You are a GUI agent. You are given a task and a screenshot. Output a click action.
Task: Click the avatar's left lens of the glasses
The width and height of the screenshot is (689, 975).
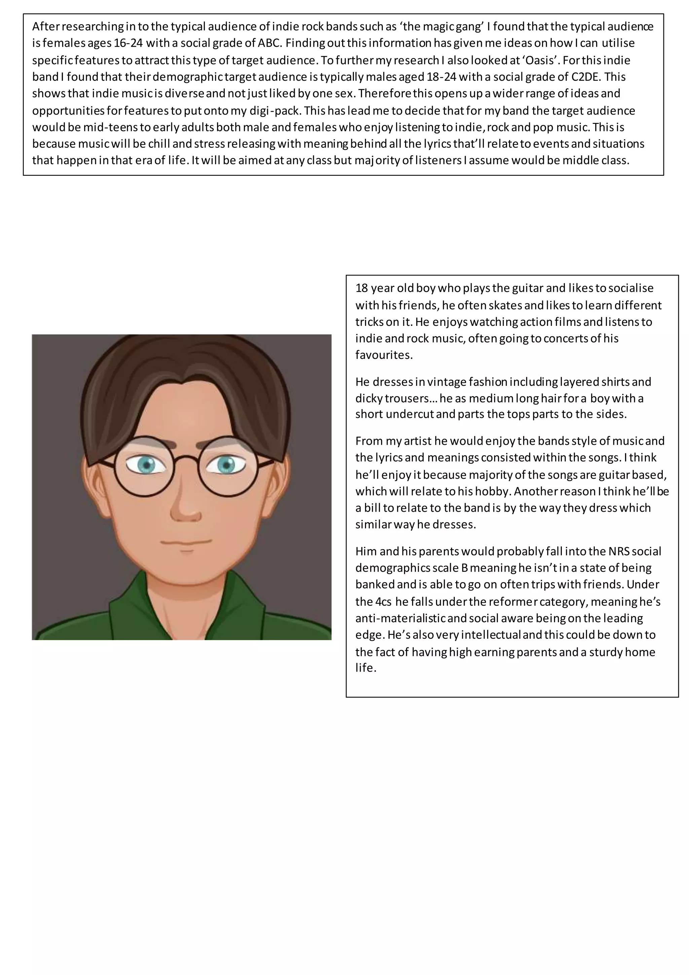point(144,466)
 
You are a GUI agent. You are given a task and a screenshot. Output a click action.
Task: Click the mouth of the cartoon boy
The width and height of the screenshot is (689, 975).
point(186,542)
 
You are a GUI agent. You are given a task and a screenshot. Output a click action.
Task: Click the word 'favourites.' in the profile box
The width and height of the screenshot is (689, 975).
point(384,355)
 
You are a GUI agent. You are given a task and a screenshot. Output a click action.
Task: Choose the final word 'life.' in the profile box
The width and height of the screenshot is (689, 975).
point(366,668)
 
